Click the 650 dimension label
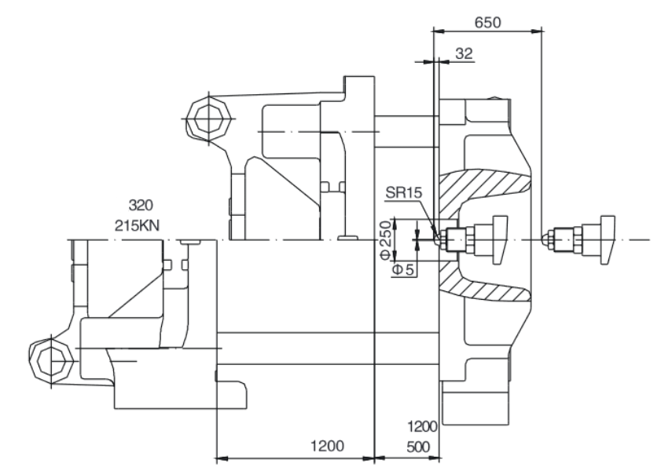coord(487,22)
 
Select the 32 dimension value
coord(464,53)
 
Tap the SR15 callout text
coord(404,192)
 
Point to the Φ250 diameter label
coord(386,239)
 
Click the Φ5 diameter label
coord(403,270)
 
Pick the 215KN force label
coord(137,225)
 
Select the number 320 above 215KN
coord(141,206)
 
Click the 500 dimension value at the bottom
coord(418,447)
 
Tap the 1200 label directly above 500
coord(422,426)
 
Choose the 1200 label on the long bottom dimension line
coord(327,446)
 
